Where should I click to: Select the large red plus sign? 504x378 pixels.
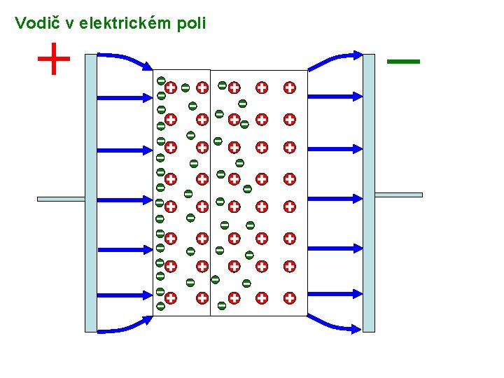54,59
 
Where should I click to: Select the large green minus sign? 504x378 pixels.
403,62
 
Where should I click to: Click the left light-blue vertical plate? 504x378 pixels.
90,192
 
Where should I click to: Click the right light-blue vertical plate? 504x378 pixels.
369,192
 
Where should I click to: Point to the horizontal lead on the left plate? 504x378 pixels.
61,199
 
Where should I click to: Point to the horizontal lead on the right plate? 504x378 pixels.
399,194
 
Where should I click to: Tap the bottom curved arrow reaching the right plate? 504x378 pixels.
336,323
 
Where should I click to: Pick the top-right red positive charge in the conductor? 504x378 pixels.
289,87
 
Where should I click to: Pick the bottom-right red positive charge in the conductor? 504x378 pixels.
289,297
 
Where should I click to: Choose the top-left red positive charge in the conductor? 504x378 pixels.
170,87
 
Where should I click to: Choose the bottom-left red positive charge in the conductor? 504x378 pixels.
170,297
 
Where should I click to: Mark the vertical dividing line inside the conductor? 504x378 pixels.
210,192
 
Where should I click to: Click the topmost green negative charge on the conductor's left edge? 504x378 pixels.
160,80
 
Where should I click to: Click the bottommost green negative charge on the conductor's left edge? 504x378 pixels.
160,306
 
